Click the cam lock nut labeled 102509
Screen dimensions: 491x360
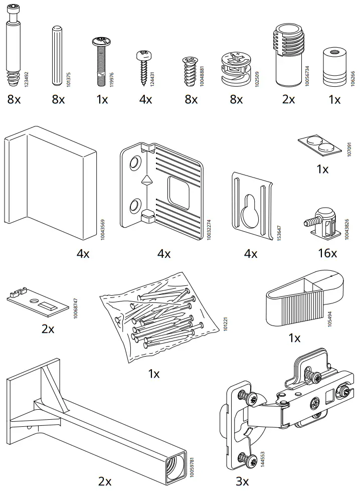coord(235,68)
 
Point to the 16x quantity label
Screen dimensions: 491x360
coord(327,253)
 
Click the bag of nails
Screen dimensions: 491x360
coord(158,318)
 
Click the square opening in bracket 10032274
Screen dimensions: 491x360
coord(178,191)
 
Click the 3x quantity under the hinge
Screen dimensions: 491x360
coord(242,481)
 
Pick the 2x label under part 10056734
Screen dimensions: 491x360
coord(288,99)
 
